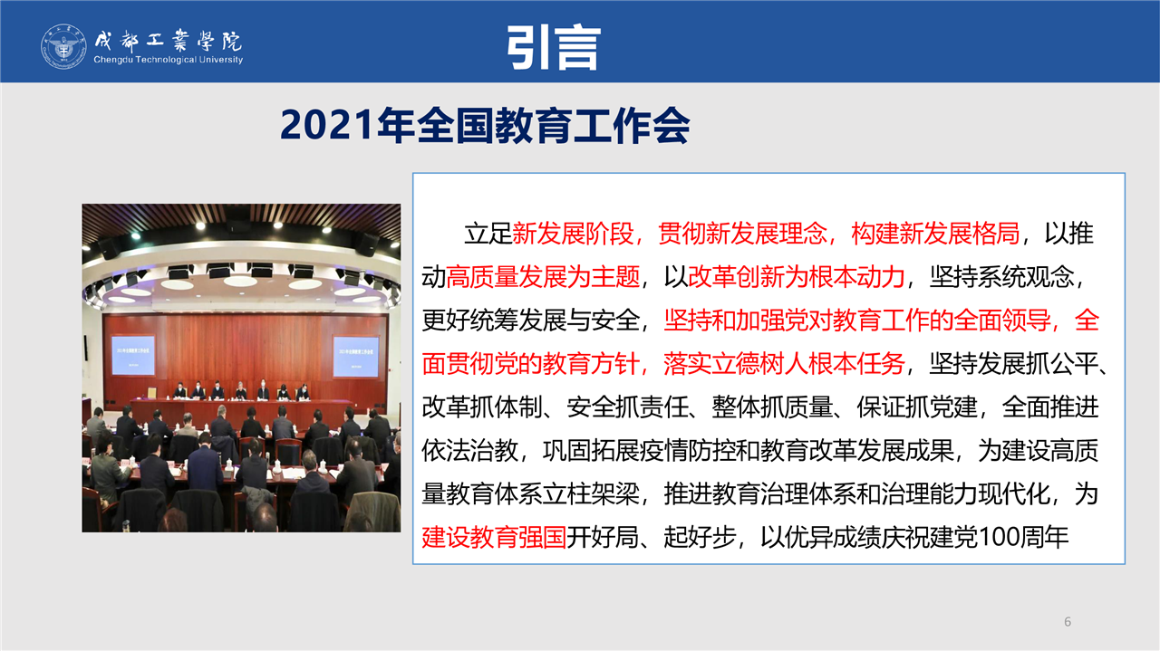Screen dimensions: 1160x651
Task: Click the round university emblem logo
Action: pos(63,46)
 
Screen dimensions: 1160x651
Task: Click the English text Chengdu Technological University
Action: pos(169,60)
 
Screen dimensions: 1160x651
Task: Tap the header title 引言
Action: pos(554,47)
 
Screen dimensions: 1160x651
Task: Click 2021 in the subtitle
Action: pos(326,125)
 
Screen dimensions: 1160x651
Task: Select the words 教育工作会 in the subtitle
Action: pos(592,125)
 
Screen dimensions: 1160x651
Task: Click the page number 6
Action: pos(1068,621)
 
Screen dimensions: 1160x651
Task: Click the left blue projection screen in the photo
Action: pos(133,355)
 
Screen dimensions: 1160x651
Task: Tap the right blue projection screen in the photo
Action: pos(356,357)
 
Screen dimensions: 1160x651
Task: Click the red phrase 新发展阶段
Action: pos(572,234)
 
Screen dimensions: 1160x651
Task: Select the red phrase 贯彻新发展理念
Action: pos(742,234)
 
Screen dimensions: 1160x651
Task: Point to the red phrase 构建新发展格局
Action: pos(935,234)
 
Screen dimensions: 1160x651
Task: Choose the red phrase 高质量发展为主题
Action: pos(543,277)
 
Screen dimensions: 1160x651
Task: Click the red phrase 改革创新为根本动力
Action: pos(797,277)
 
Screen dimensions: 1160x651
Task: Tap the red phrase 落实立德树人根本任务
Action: pos(784,364)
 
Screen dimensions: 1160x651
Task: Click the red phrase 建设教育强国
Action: pos(494,537)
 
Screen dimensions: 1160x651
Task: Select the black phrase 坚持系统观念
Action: pos(1002,277)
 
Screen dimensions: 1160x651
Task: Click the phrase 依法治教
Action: pos(469,451)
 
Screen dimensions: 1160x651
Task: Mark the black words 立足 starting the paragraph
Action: pos(488,234)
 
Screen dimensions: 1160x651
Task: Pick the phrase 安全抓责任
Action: pos(627,407)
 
